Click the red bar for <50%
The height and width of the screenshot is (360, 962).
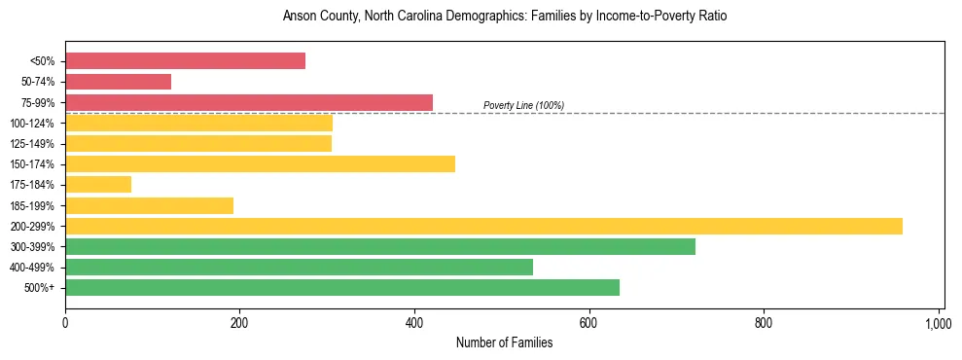[185, 61]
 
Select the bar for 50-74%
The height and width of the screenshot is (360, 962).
[118, 82]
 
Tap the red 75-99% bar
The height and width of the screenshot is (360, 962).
[248, 102]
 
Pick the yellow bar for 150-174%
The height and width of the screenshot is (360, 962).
[260, 164]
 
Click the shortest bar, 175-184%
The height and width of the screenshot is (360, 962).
[98, 185]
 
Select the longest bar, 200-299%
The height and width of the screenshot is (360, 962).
[483, 227]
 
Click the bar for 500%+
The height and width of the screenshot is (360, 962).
[342, 288]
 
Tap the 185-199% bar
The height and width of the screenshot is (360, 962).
[149, 205]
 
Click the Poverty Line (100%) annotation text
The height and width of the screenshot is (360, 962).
[523, 105]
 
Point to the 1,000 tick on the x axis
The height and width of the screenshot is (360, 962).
[938, 322]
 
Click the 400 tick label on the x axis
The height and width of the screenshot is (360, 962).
[414, 322]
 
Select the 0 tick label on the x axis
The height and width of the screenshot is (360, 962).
[65, 322]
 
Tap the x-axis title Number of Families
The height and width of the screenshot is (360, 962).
[504, 342]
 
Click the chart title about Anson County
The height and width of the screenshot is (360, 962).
[504, 17]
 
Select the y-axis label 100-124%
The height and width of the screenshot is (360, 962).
[32, 124]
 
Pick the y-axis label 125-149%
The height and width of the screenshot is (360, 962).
[32, 144]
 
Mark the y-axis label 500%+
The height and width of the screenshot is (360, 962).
[40, 288]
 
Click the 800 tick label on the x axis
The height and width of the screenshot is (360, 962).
[764, 322]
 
